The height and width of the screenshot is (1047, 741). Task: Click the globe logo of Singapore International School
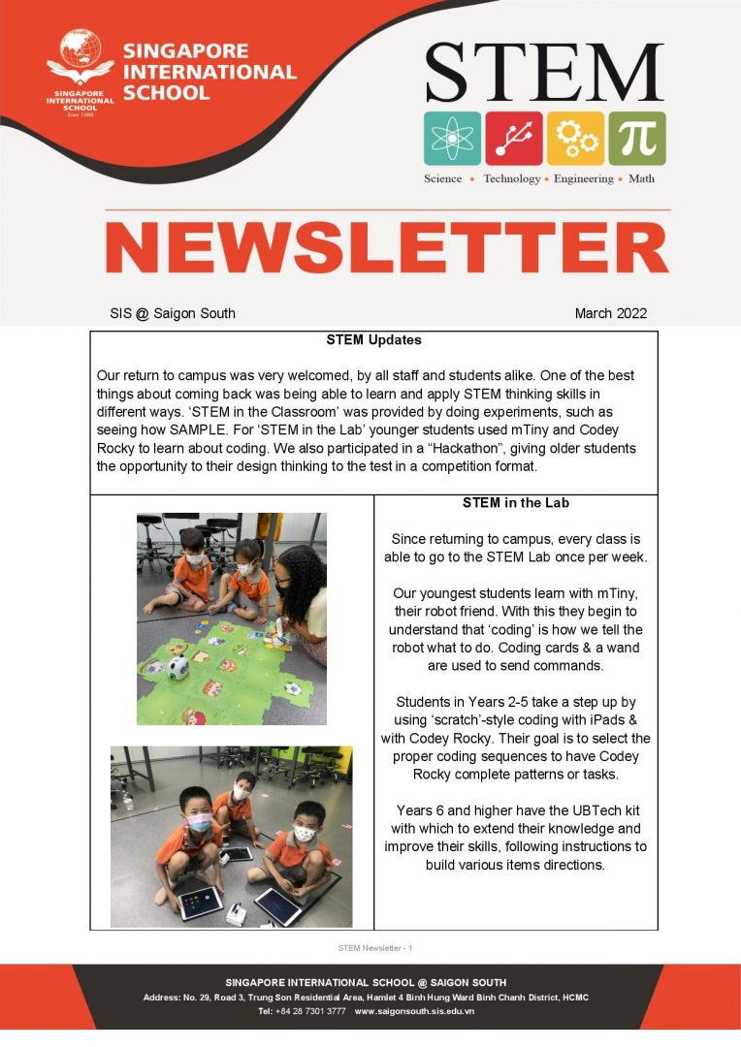pyautogui.click(x=80, y=56)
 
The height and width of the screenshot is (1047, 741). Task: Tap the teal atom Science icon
pyautogui.click(x=452, y=139)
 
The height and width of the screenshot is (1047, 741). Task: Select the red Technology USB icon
pyautogui.click(x=514, y=139)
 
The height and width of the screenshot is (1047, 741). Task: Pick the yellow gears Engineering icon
pyautogui.click(x=575, y=139)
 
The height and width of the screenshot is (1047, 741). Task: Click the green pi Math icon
pyautogui.click(x=637, y=139)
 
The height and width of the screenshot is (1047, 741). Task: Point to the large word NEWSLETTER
pyautogui.click(x=387, y=248)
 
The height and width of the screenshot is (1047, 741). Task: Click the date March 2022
pyautogui.click(x=610, y=313)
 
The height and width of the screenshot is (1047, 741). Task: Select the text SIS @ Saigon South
pyautogui.click(x=173, y=313)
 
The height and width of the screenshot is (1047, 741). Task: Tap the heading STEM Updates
pyautogui.click(x=373, y=340)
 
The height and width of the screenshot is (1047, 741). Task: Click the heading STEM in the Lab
pyautogui.click(x=515, y=504)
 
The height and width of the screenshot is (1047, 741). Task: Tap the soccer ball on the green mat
pyautogui.click(x=177, y=668)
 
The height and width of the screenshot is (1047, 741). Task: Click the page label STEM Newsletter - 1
pyautogui.click(x=374, y=947)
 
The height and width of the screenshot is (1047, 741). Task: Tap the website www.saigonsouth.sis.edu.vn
pyautogui.click(x=414, y=1011)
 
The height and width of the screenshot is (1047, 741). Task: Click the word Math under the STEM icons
pyautogui.click(x=641, y=178)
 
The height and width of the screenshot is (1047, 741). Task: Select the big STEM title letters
pyautogui.click(x=544, y=73)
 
